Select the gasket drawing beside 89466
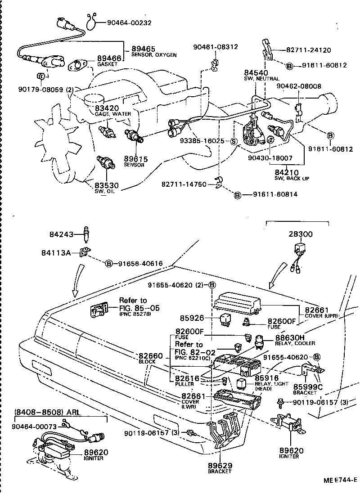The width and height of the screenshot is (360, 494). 79,66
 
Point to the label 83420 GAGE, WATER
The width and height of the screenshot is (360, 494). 106,108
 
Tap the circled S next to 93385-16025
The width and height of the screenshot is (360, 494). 234,141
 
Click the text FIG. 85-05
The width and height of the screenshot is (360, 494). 139,308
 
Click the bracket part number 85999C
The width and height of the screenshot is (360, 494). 308,386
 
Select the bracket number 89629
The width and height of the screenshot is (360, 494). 220,465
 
